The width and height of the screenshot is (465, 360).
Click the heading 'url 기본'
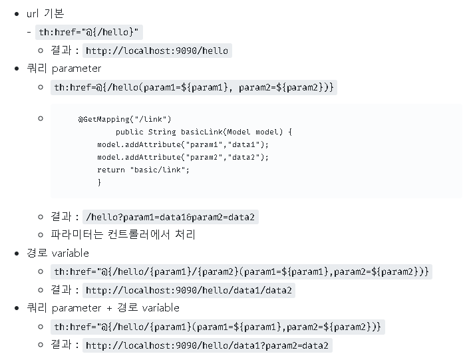pyautogui.click(x=45, y=13)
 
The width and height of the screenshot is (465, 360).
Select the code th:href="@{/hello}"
pyautogui.click(x=89, y=32)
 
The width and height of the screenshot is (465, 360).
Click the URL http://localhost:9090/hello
pyautogui.click(x=157, y=51)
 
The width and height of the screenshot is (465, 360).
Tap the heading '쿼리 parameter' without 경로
pyautogui.click(x=64, y=69)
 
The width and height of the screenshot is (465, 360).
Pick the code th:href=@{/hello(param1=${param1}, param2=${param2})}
pyautogui.click(x=194, y=87)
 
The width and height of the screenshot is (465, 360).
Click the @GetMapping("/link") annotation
pyautogui.click(x=124, y=119)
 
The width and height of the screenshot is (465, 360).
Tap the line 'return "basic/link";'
pyautogui.click(x=143, y=170)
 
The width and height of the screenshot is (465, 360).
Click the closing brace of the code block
pyautogui.click(x=99, y=182)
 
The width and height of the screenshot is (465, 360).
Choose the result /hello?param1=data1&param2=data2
pyautogui.click(x=171, y=217)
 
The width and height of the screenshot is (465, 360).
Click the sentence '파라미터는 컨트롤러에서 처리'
pyautogui.click(x=123, y=235)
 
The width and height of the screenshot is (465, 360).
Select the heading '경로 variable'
pyautogui.click(x=57, y=254)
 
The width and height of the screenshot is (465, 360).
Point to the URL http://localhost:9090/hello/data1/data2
pyautogui.click(x=190, y=290)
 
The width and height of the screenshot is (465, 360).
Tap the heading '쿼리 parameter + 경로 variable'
pyautogui.click(x=103, y=308)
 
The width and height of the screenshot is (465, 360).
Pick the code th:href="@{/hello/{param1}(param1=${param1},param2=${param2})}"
pyautogui.click(x=218, y=327)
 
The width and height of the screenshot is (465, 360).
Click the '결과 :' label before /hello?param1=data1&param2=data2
pyautogui.click(x=65, y=217)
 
